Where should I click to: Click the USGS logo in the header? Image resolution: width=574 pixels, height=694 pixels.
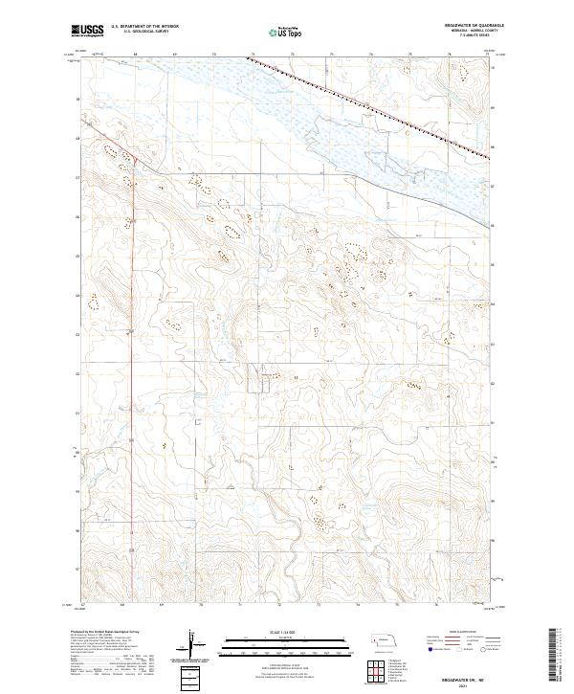coord(85,31)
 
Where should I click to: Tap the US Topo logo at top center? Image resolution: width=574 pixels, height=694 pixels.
coord(287,31)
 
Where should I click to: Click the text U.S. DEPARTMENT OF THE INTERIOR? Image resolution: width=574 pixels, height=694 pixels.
coord(144,27)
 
